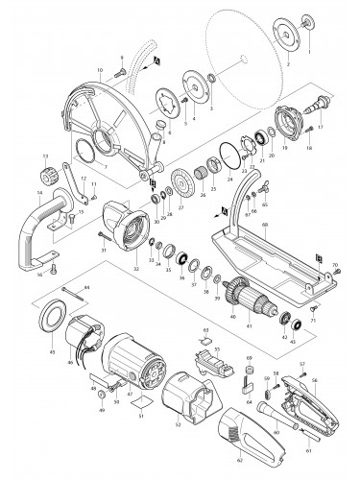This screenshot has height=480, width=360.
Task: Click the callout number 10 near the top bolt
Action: pyautogui.click(x=100, y=69)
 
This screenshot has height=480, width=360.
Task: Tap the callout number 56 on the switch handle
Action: pyautogui.click(x=340, y=380)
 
